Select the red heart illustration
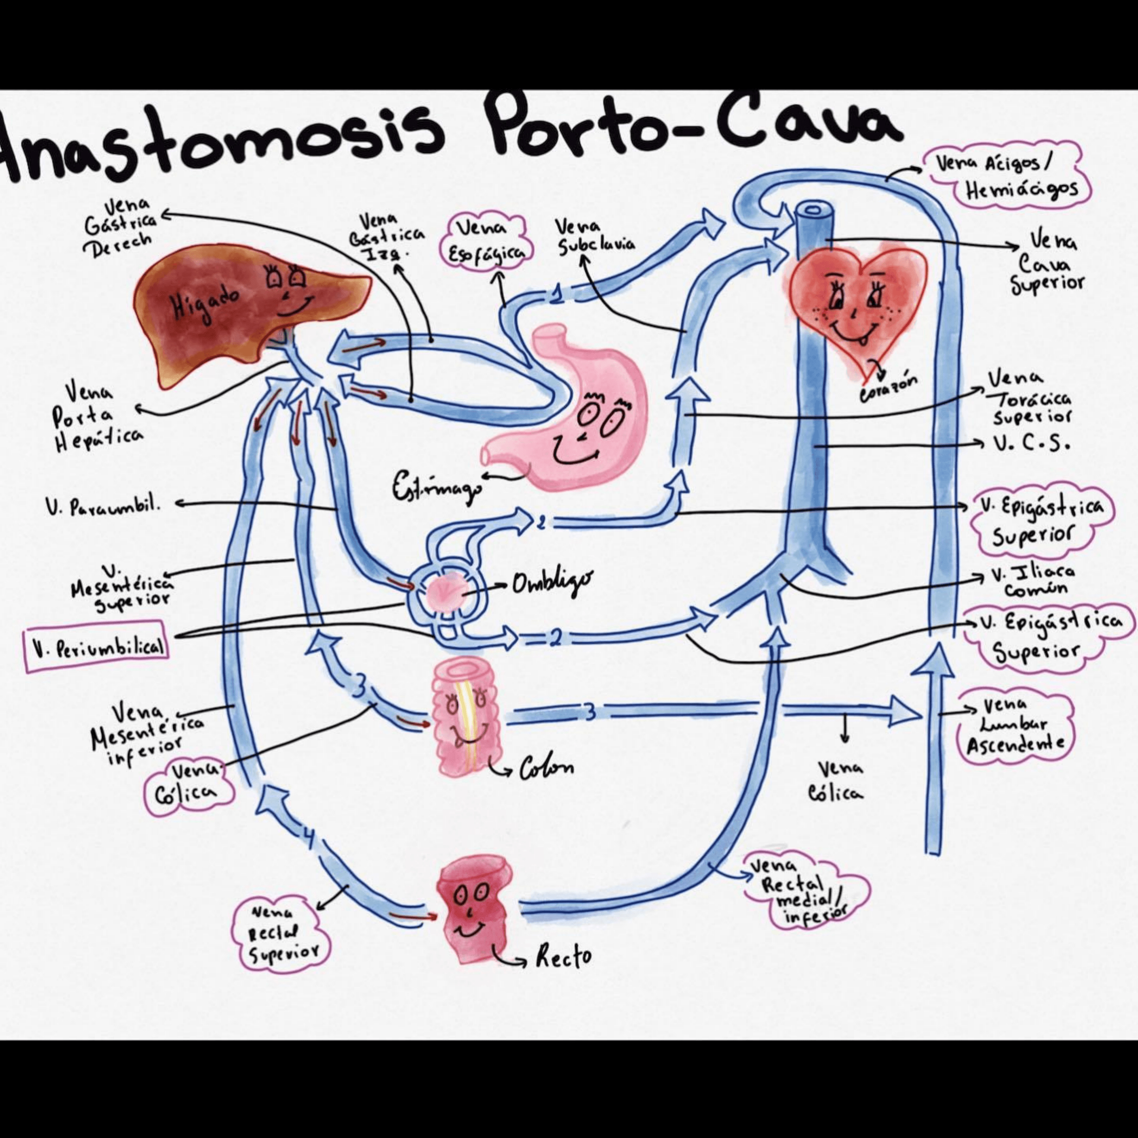coord(854,306)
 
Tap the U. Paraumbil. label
coord(103,505)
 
